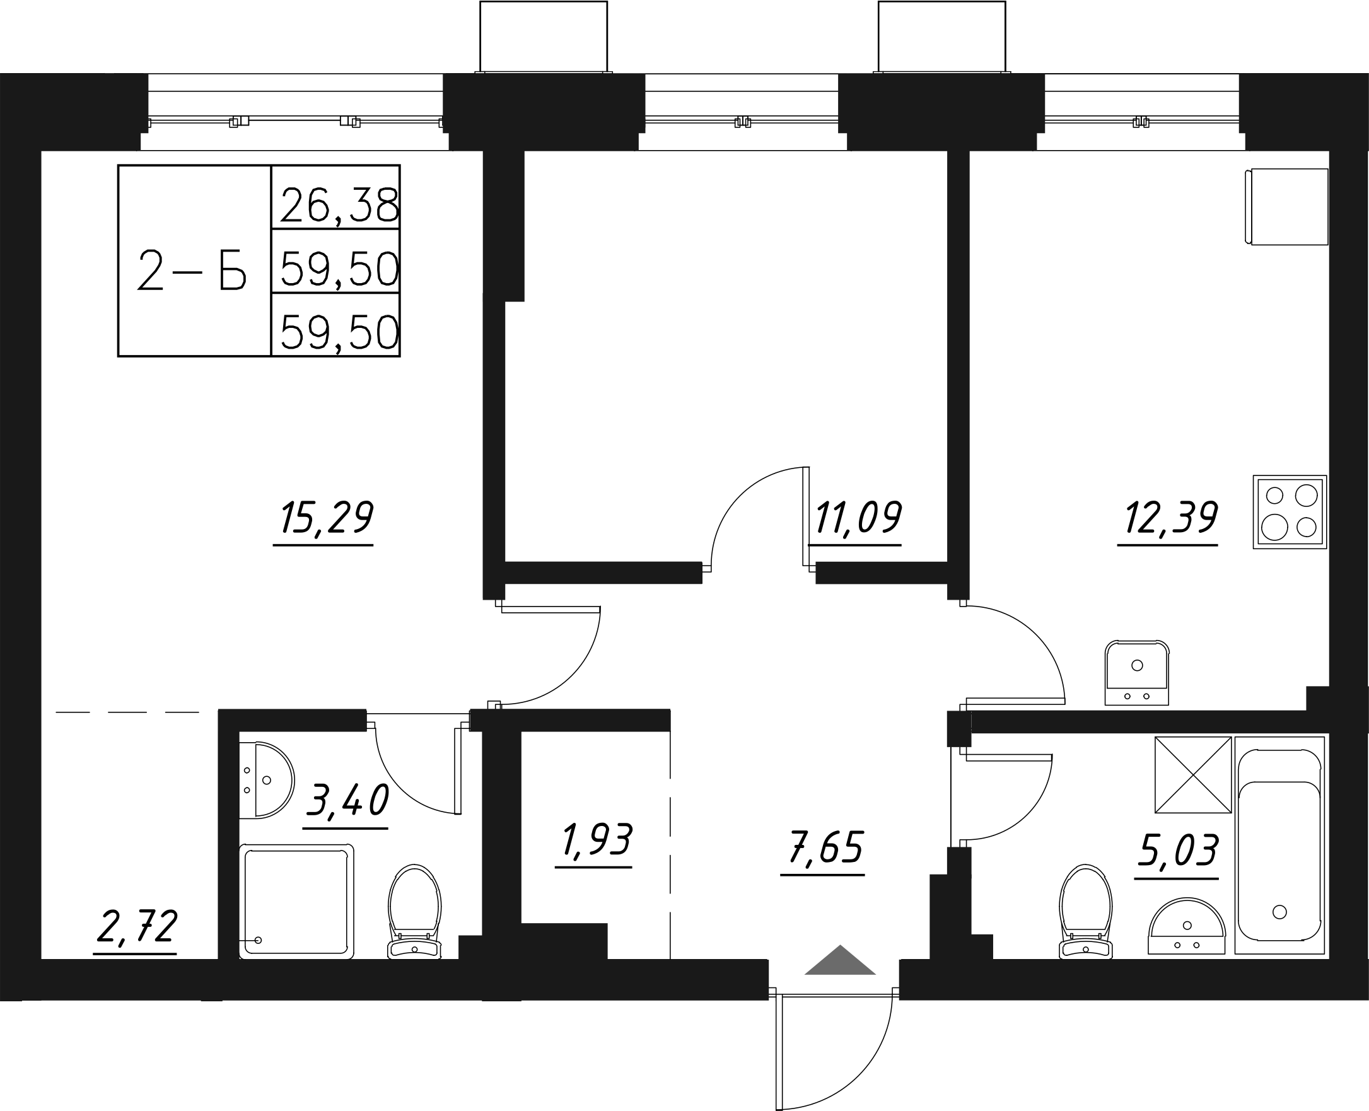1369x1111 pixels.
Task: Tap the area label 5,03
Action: click(1178, 851)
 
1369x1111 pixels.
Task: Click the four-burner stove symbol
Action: click(1289, 512)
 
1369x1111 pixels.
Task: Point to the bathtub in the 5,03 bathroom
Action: click(1279, 846)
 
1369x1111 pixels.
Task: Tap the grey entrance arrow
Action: click(840, 961)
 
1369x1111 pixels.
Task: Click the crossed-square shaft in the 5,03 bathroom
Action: click(1193, 775)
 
